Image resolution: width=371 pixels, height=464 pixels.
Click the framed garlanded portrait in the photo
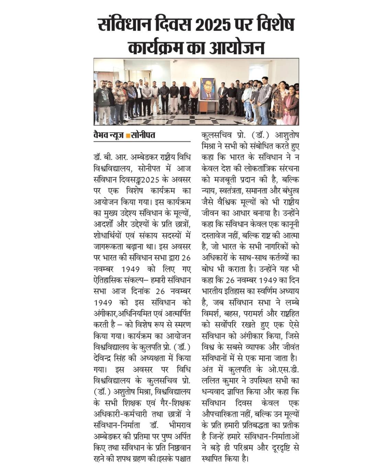pyautogui.click(x=208, y=89)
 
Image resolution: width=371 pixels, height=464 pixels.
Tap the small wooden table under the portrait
pyautogui.click(x=208, y=107)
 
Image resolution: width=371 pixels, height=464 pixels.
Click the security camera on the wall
pyautogui.click(x=176, y=62)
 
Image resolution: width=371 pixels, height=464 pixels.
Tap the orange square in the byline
pyautogui.click(x=128, y=135)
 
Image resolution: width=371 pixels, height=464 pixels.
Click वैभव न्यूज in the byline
pyautogui.click(x=109, y=135)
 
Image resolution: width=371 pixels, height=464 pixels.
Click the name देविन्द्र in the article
pyautogui.click(x=106, y=357)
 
